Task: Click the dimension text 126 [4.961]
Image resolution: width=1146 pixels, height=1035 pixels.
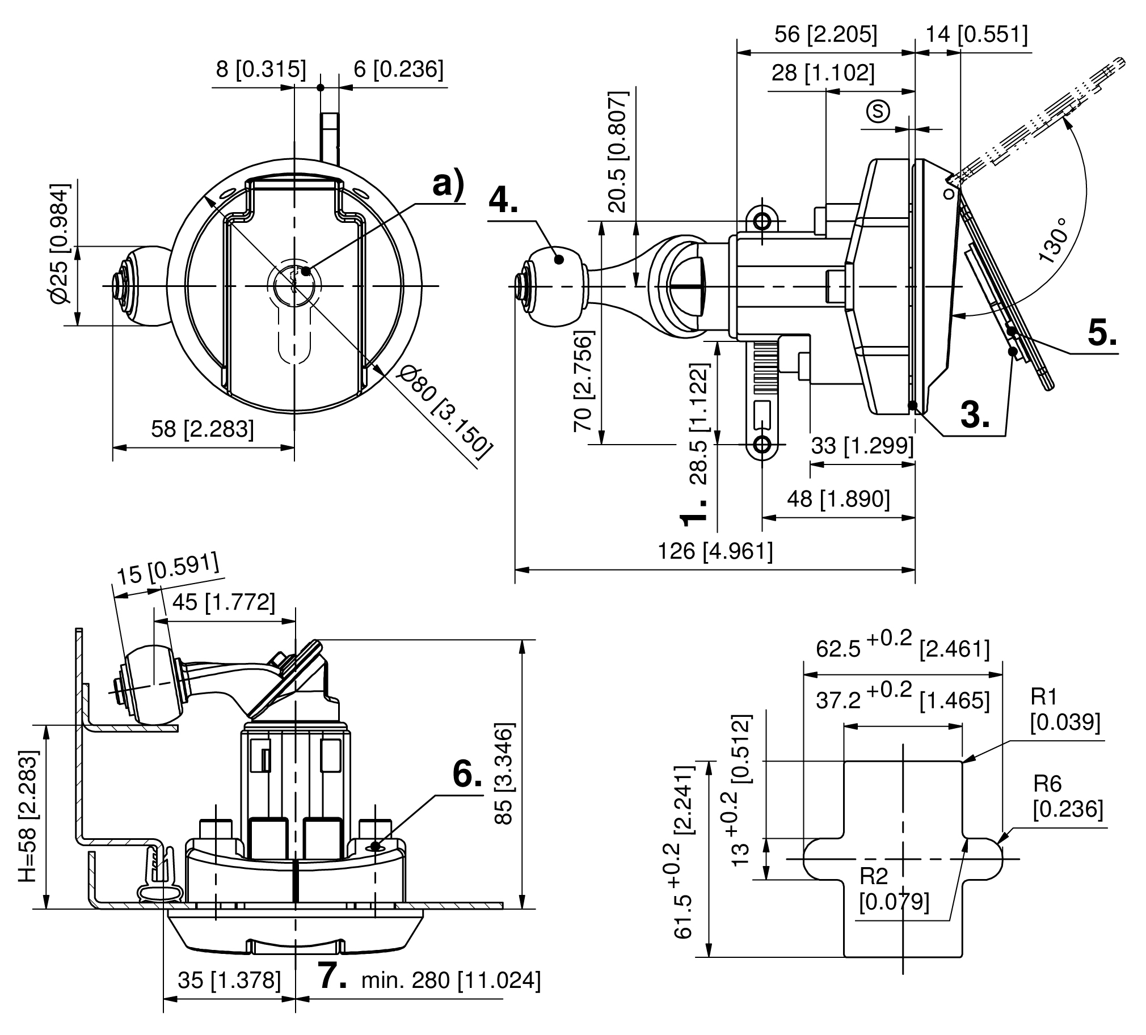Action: pyautogui.click(x=715, y=551)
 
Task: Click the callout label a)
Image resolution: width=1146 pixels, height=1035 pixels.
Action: pyautogui.click(x=449, y=184)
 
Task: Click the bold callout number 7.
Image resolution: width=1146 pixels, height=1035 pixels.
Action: pyautogui.click(x=332, y=975)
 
